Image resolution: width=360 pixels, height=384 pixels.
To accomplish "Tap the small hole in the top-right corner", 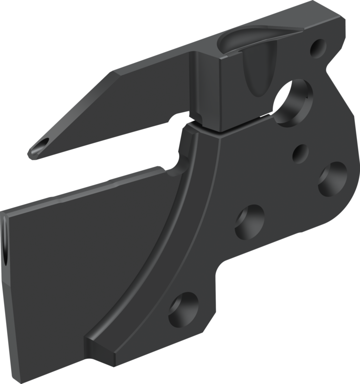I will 318,48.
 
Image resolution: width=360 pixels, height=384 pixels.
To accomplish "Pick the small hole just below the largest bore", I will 300,154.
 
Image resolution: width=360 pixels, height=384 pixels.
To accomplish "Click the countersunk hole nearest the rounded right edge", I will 332,179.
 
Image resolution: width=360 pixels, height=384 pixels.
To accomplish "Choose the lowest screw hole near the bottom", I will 183,309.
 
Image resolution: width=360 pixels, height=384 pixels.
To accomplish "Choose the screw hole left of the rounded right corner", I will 250,222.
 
